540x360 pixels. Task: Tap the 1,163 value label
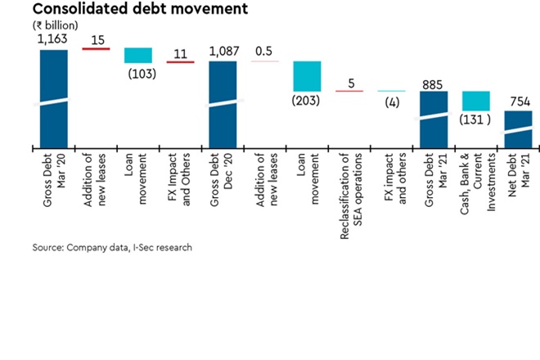tap(54, 38)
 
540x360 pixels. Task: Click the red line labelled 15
tap(96, 49)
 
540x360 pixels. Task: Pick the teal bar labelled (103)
tap(138, 55)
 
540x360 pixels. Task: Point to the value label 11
tap(181, 55)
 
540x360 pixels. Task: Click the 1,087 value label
tap(223, 52)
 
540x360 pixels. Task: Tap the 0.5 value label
tap(264, 52)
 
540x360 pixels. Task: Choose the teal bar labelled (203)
tap(307, 76)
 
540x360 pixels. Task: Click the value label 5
tap(349, 83)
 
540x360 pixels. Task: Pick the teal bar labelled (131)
tap(475, 101)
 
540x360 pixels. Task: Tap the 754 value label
tap(518, 101)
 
